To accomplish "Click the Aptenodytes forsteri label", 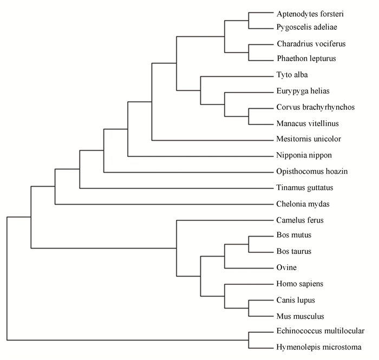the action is pos(310,14).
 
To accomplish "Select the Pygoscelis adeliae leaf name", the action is pos(307,27).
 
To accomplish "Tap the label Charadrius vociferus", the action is pos(311,44).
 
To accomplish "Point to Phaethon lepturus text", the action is pos(306,58).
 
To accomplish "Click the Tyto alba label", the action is pos(292,75).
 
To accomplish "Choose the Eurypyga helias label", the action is pos(303,91).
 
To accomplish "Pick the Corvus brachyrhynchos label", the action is pos(316,107).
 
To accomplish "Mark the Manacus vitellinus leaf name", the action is pos(308,123).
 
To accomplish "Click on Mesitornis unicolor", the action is pos(309,139).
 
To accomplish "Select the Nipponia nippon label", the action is pos(304,155).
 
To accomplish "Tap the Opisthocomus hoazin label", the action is pos(312,172).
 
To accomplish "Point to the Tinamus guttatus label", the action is pos(305,188).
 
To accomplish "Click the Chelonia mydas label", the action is pos(303,204).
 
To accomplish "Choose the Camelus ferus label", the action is pos(300,220).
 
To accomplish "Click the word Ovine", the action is pos(286,267).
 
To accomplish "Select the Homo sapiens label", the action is pos(300,284).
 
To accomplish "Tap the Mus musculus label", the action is pos(300,316).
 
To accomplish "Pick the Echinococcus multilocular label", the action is pos(321,331).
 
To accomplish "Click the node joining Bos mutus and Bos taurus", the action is pos(249,245).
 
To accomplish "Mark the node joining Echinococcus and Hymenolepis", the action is pos(249,340).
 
